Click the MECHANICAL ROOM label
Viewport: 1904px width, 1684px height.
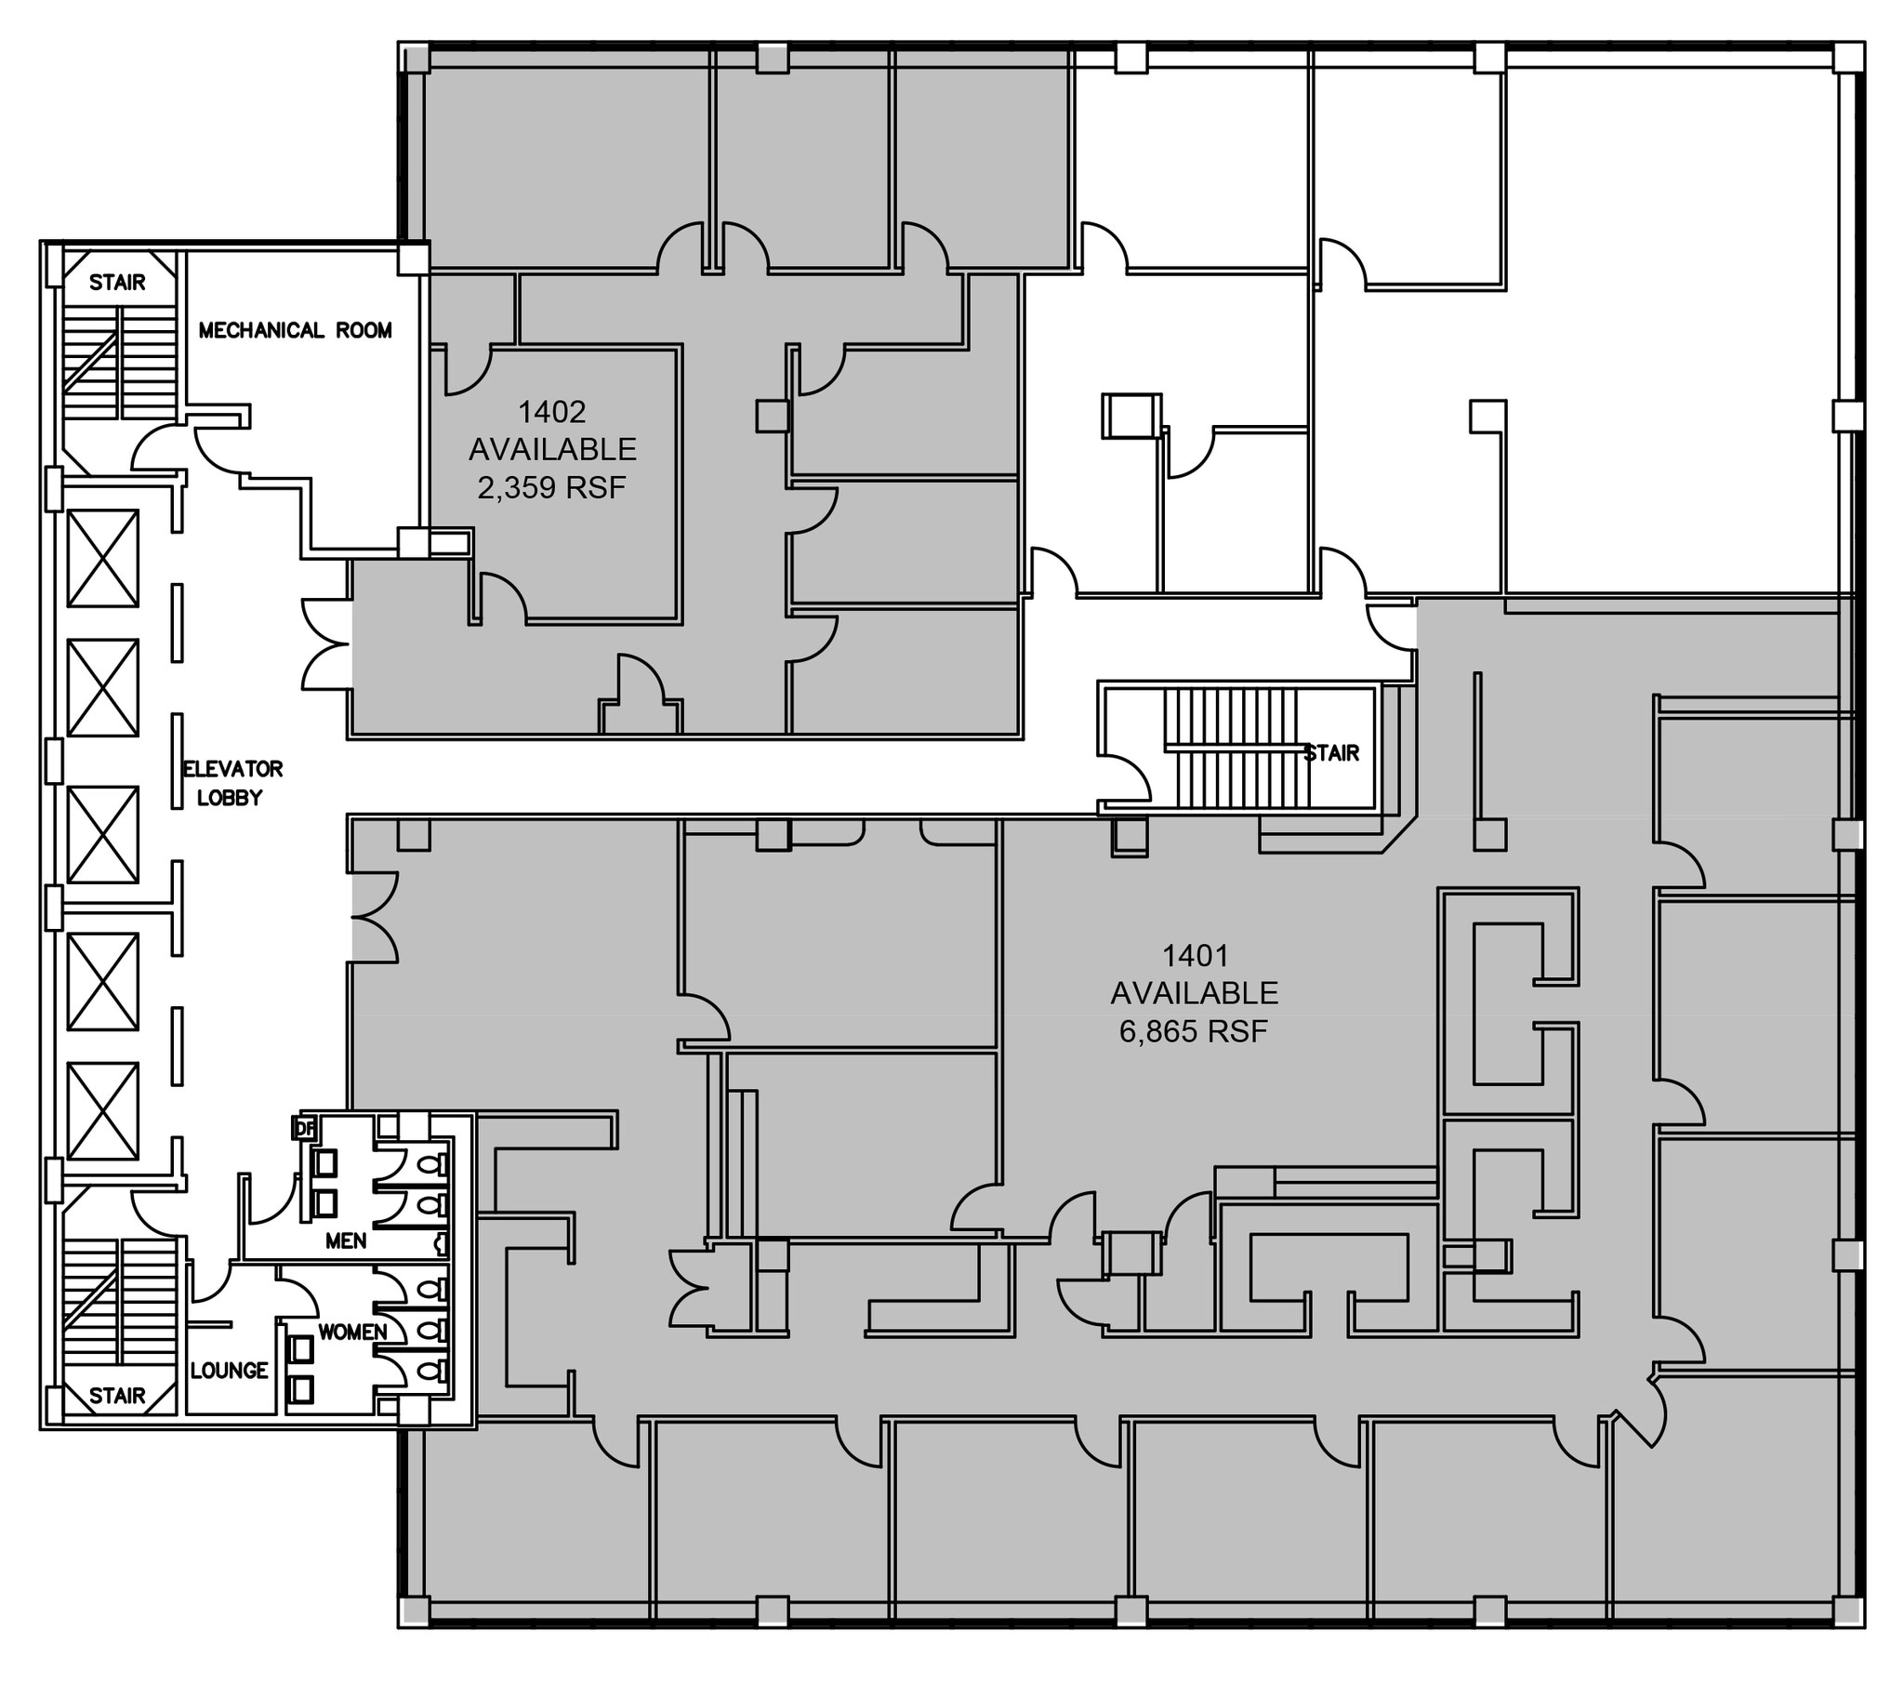[x=296, y=330]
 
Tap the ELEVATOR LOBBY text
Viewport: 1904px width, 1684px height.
[x=231, y=783]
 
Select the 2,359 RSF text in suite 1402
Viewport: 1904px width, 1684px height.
[x=551, y=487]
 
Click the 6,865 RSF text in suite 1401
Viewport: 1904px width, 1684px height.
[x=1194, y=1031]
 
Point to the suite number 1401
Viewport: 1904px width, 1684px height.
[x=1196, y=955]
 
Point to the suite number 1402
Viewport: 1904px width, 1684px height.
[x=551, y=411]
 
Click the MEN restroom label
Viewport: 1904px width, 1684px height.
[x=346, y=1240]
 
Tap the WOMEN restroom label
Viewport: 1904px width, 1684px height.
[x=352, y=1333]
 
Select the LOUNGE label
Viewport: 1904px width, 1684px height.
[x=229, y=1370]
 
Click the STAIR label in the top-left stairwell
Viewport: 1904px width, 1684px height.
[x=117, y=283]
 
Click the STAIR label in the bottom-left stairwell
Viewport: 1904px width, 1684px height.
[x=117, y=1395]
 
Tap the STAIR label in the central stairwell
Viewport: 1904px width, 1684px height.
[x=1331, y=753]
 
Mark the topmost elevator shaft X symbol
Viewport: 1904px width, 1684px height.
[x=103, y=558]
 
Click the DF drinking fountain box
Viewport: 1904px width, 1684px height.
[x=305, y=1128]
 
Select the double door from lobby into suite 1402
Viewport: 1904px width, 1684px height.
[x=325, y=645]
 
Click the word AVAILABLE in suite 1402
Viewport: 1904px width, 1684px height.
[x=551, y=449]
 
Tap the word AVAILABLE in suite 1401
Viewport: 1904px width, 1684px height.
[x=1195, y=993]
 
